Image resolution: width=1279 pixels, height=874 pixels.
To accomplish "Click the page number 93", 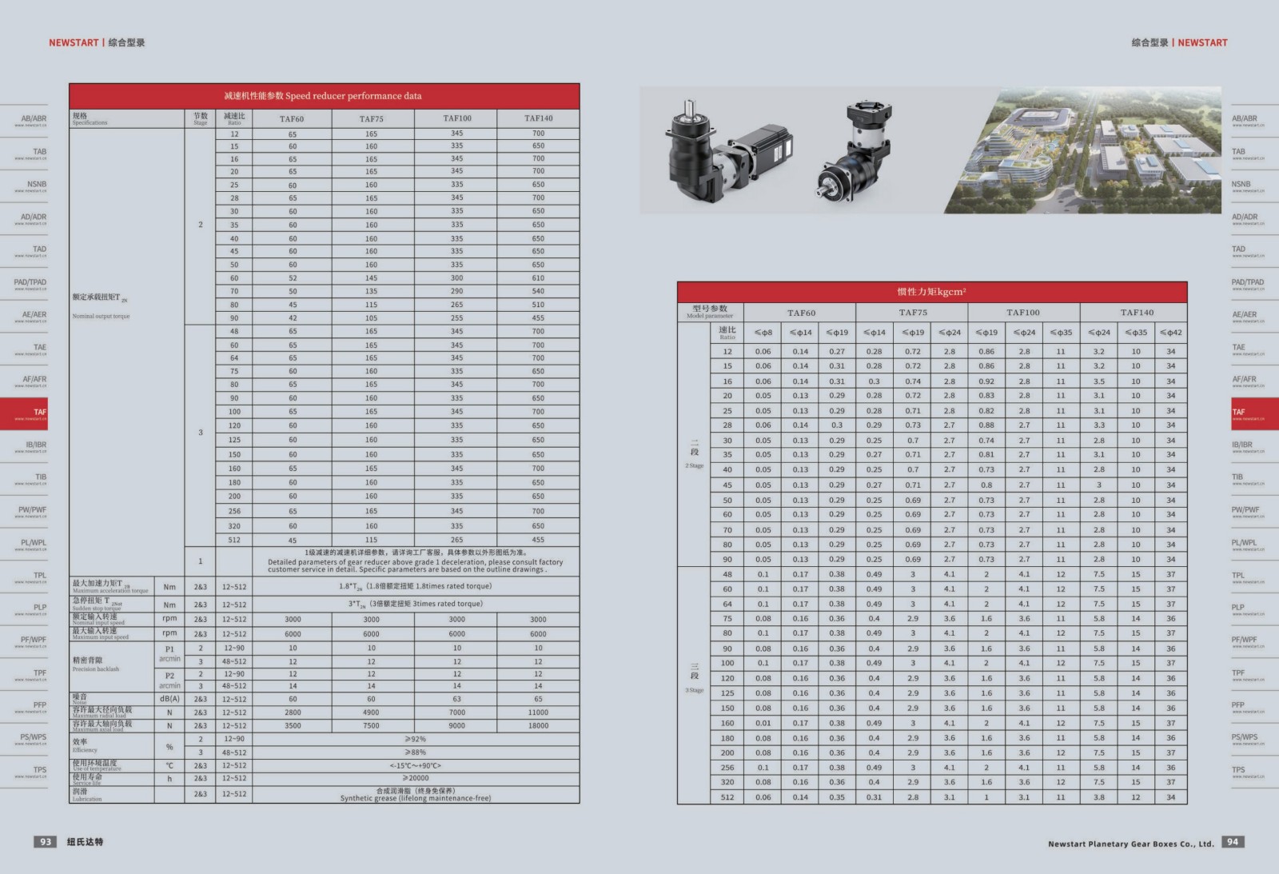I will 46,841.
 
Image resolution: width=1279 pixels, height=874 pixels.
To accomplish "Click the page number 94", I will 1233,841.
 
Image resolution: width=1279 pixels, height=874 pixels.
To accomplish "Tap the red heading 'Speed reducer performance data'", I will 324,96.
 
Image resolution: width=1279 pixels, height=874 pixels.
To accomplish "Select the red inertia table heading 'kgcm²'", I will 931,292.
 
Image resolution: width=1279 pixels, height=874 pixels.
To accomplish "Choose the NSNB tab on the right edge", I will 1247,185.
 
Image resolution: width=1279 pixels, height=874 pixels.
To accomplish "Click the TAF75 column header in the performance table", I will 372,118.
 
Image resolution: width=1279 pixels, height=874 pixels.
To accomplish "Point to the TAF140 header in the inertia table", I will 1137,313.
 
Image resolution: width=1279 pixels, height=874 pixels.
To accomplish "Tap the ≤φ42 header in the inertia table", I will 1170,333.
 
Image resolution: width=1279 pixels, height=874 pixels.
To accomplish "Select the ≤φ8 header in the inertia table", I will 763,333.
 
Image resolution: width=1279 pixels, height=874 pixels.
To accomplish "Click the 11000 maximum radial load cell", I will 538,712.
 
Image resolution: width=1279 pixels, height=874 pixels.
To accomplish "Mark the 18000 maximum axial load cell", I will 538,726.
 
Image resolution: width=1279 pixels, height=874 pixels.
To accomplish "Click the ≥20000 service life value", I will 416,778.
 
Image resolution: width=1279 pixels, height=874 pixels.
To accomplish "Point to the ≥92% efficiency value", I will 416,740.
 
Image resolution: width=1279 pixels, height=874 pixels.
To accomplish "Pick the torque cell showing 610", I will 538,278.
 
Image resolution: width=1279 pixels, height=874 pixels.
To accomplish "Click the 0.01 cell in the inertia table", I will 763,723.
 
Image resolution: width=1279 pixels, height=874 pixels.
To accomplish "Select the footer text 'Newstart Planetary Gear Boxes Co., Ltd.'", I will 1130,844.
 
